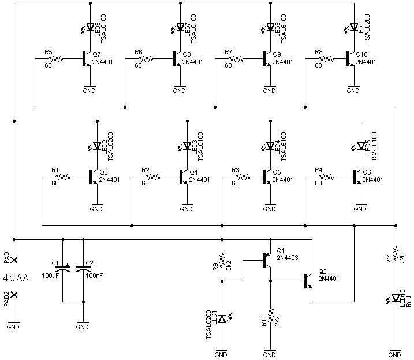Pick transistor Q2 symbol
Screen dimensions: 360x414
point(309,281)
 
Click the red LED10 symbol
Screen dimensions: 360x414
point(396,298)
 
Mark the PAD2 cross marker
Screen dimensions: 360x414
point(14,295)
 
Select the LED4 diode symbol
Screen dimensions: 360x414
point(269,145)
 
